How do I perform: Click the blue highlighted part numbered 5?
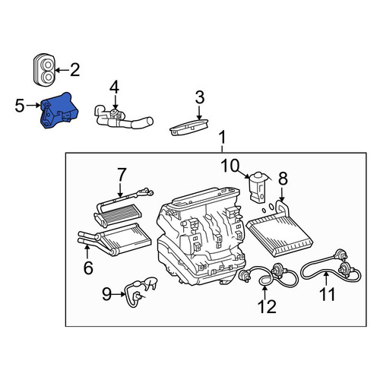pyautogui.click(x=59, y=110)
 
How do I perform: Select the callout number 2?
pyautogui.click(x=75, y=70)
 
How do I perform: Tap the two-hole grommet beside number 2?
pyautogui.click(x=44, y=68)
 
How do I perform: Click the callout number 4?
pyautogui.click(x=114, y=87)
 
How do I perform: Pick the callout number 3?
pyautogui.click(x=200, y=97)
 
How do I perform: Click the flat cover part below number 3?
pyautogui.click(x=189, y=128)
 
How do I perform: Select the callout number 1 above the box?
pyautogui.click(x=222, y=138)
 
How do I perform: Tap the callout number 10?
pyautogui.click(x=230, y=166)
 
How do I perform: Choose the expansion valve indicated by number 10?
pyautogui.click(x=258, y=187)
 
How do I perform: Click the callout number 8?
pyautogui.click(x=283, y=179)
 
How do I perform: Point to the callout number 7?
pyautogui.click(x=122, y=175)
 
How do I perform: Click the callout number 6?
pyautogui.click(x=88, y=268)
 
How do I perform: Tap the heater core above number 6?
pyautogui.click(x=115, y=239)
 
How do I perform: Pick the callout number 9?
pyautogui.click(x=106, y=294)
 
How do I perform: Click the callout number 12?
pyautogui.click(x=267, y=307)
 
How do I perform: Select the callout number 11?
pyautogui.click(x=328, y=294)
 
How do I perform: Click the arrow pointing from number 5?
pyautogui.click(x=33, y=105)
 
